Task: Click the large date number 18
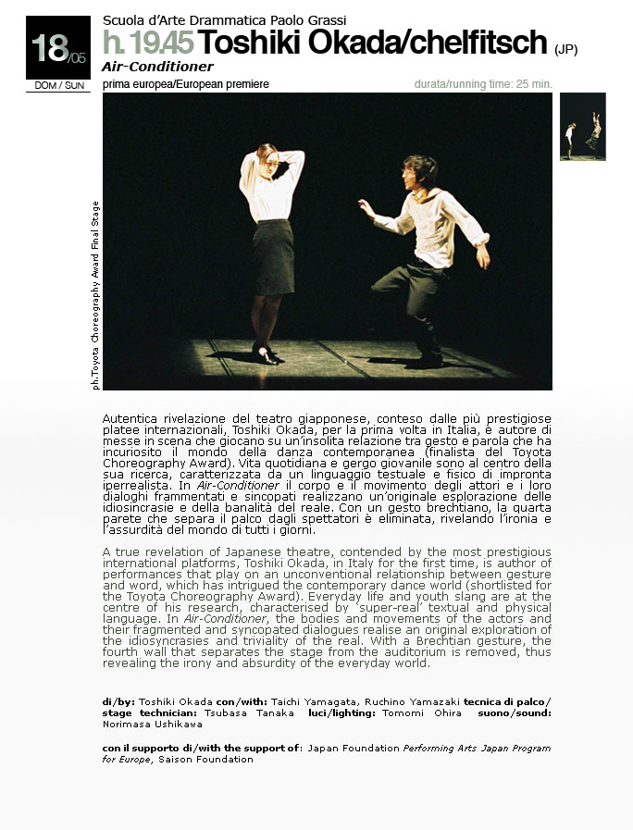coord(46,47)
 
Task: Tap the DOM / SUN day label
coord(57,85)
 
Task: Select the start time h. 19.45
coord(148,43)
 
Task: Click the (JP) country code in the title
coord(565,49)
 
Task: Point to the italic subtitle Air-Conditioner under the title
coord(158,67)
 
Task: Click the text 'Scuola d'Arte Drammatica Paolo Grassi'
coord(224,19)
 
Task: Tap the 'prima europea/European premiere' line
coord(186,84)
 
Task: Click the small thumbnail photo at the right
coord(583,127)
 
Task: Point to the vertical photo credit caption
coord(95,294)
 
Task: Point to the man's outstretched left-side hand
coord(365,206)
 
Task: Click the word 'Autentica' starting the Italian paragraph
coord(130,419)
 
